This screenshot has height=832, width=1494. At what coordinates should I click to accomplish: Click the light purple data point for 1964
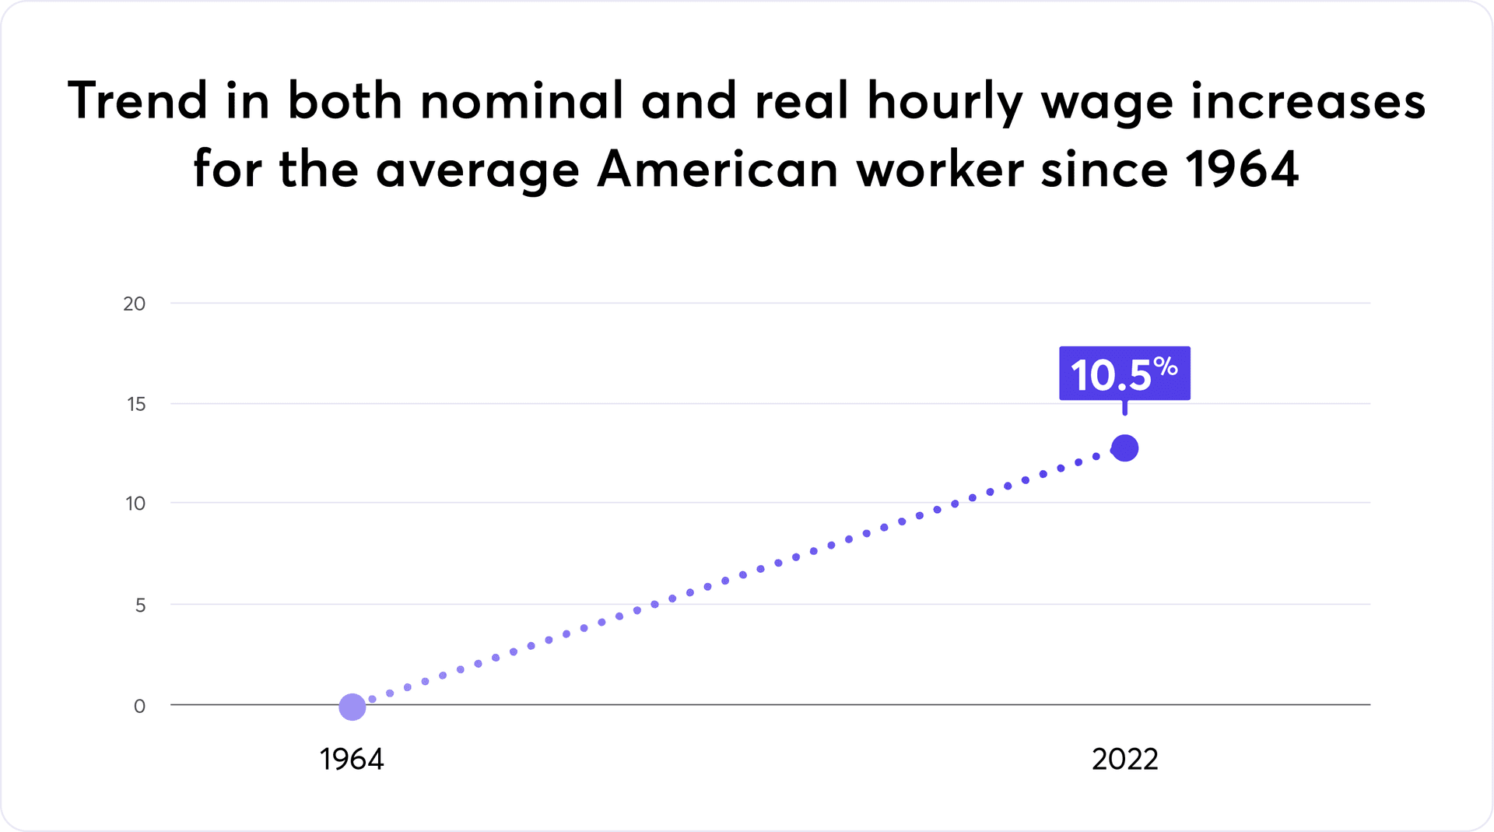(x=352, y=707)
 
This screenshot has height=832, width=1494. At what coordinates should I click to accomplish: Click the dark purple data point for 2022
(x=1125, y=448)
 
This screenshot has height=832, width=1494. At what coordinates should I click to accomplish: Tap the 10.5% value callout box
(x=1124, y=374)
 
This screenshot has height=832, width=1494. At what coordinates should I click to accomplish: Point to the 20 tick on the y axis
(x=135, y=304)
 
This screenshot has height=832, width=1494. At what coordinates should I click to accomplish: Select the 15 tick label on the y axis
(x=136, y=404)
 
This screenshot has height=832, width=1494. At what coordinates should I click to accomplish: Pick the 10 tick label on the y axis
(x=135, y=504)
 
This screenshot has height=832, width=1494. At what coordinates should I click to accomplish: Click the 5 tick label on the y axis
(x=140, y=605)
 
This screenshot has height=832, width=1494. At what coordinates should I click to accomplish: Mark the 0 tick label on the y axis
(x=139, y=706)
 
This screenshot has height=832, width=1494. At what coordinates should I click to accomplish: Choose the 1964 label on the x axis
(x=352, y=759)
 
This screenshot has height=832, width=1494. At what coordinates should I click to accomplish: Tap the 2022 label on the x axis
(x=1125, y=759)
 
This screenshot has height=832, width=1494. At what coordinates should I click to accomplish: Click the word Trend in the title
(x=138, y=101)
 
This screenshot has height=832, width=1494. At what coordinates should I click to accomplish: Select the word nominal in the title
(x=522, y=101)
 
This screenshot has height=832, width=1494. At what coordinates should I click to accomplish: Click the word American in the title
(x=717, y=169)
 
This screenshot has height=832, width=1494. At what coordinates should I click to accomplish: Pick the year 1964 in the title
(x=1242, y=169)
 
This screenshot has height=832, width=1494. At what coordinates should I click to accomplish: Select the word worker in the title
(x=940, y=169)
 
